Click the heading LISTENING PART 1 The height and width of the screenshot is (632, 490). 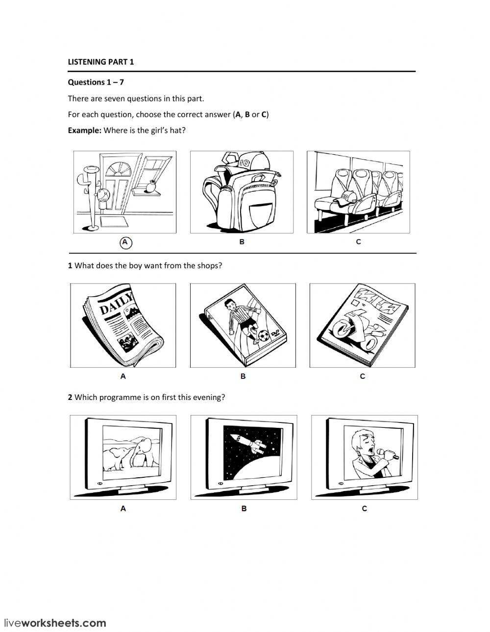(100, 62)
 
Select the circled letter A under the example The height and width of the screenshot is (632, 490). (125, 242)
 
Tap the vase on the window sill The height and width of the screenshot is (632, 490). (151, 187)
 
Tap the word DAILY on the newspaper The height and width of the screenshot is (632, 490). (117, 303)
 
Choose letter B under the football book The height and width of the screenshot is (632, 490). (243, 376)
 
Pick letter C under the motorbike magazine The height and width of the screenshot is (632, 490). (363, 376)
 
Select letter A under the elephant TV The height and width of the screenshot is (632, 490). (123, 509)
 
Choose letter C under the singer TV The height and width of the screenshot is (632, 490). (364, 509)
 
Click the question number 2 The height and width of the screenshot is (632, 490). (70, 398)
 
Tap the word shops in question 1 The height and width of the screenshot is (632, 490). (207, 266)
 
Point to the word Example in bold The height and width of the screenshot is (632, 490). (84, 131)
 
